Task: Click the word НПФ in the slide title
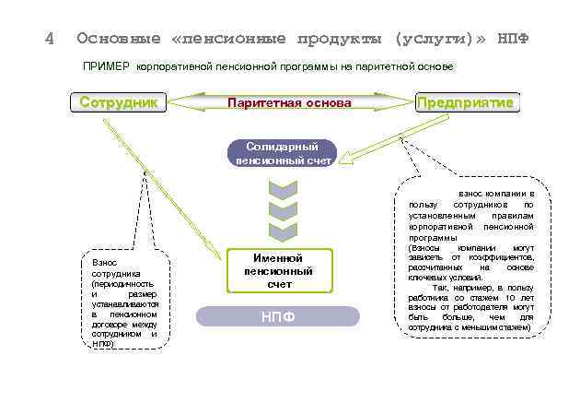513,39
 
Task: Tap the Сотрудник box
119,102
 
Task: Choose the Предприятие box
466,102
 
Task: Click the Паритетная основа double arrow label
289,103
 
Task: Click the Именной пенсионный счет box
278,271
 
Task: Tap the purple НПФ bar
278,317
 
